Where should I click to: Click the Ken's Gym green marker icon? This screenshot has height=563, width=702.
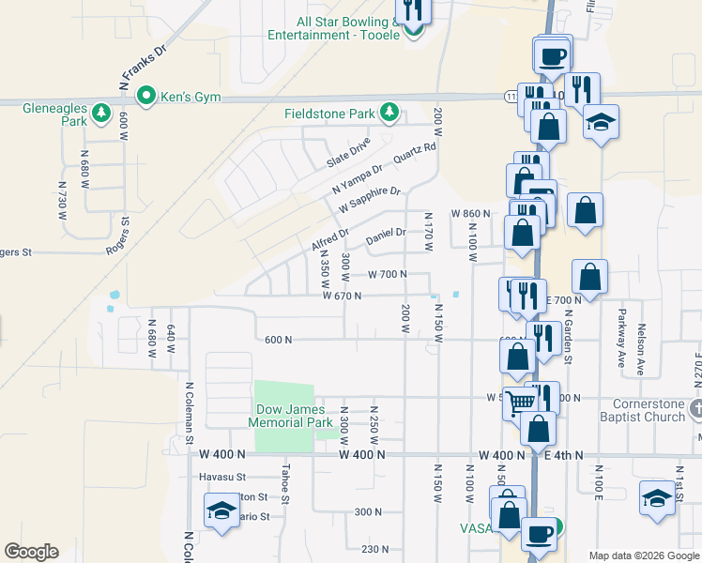pos(146,95)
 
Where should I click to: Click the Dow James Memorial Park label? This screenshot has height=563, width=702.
pos(290,416)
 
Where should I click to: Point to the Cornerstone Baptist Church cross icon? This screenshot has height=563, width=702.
pos(694,409)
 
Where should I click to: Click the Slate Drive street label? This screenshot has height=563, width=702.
pos(349,152)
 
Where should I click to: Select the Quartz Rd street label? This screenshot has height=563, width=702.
pos(416,153)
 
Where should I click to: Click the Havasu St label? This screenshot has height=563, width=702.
pos(222,477)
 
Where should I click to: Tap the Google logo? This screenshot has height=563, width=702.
pos(31,552)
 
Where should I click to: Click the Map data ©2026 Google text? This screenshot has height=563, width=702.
pos(643,555)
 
